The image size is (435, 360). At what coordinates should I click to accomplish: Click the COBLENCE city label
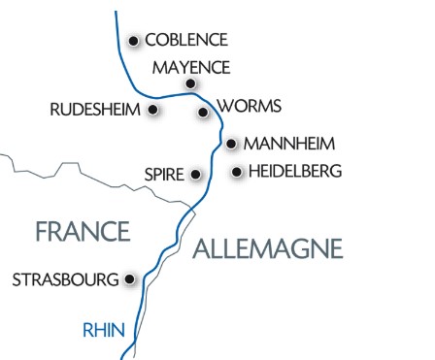(185, 40)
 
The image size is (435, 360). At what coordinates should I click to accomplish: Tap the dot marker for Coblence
(134, 40)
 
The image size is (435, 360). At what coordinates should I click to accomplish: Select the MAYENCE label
(191, 67)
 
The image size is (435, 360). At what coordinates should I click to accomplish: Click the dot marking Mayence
(190, 84)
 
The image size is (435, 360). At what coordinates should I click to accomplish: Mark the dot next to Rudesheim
(153, 110)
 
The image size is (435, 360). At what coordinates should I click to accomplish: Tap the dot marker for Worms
(203, 113)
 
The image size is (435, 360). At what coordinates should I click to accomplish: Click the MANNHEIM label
(289, 144)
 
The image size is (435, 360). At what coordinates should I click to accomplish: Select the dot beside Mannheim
(231, 144)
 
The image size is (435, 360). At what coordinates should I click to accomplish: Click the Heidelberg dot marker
(236, 173)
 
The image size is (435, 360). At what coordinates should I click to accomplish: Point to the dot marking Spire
(196, 175)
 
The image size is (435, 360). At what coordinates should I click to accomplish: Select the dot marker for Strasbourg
(129, 279)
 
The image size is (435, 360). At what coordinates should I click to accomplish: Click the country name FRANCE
(83, 231)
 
